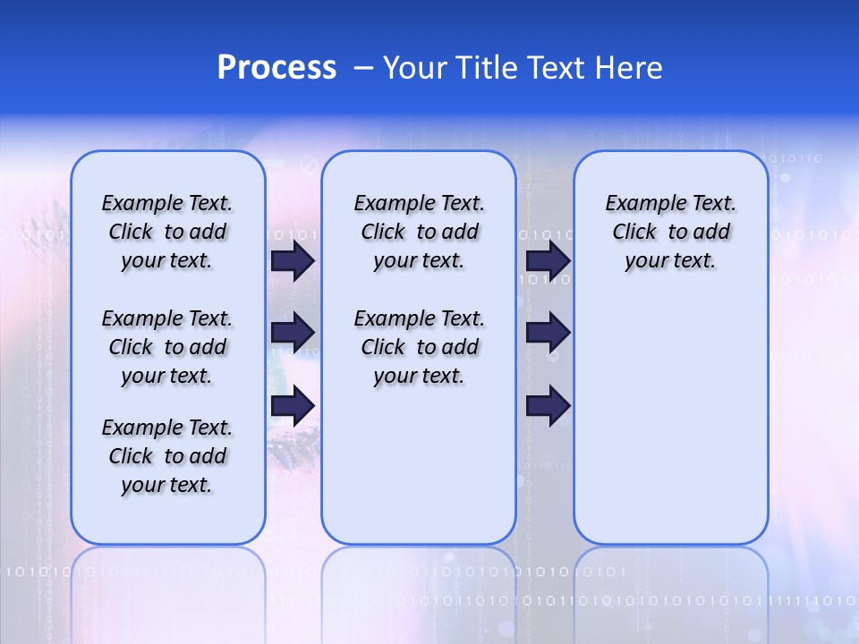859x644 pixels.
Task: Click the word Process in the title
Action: [x=276, y=68]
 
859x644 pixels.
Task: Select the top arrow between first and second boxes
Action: [x=293, y=261]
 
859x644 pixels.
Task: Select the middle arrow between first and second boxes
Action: [x=293, y=333]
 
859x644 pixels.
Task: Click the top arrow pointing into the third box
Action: [x=548, y=261]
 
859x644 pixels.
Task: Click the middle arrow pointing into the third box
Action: [x=548, y=333]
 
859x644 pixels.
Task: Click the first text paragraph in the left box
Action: [x=167, y=232]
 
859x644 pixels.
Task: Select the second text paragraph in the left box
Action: [x=167, y=347]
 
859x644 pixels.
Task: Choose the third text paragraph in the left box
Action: [x=167, y=456]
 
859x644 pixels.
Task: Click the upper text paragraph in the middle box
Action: [x=419, y=232]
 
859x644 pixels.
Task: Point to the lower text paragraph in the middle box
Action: [x=419, y=347]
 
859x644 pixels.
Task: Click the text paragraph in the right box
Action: [x=670, y=232]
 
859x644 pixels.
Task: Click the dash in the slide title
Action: [x=363, y=68]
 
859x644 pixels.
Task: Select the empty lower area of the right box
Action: [x=670, y=420]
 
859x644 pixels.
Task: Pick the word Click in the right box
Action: [x=634, y=233]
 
